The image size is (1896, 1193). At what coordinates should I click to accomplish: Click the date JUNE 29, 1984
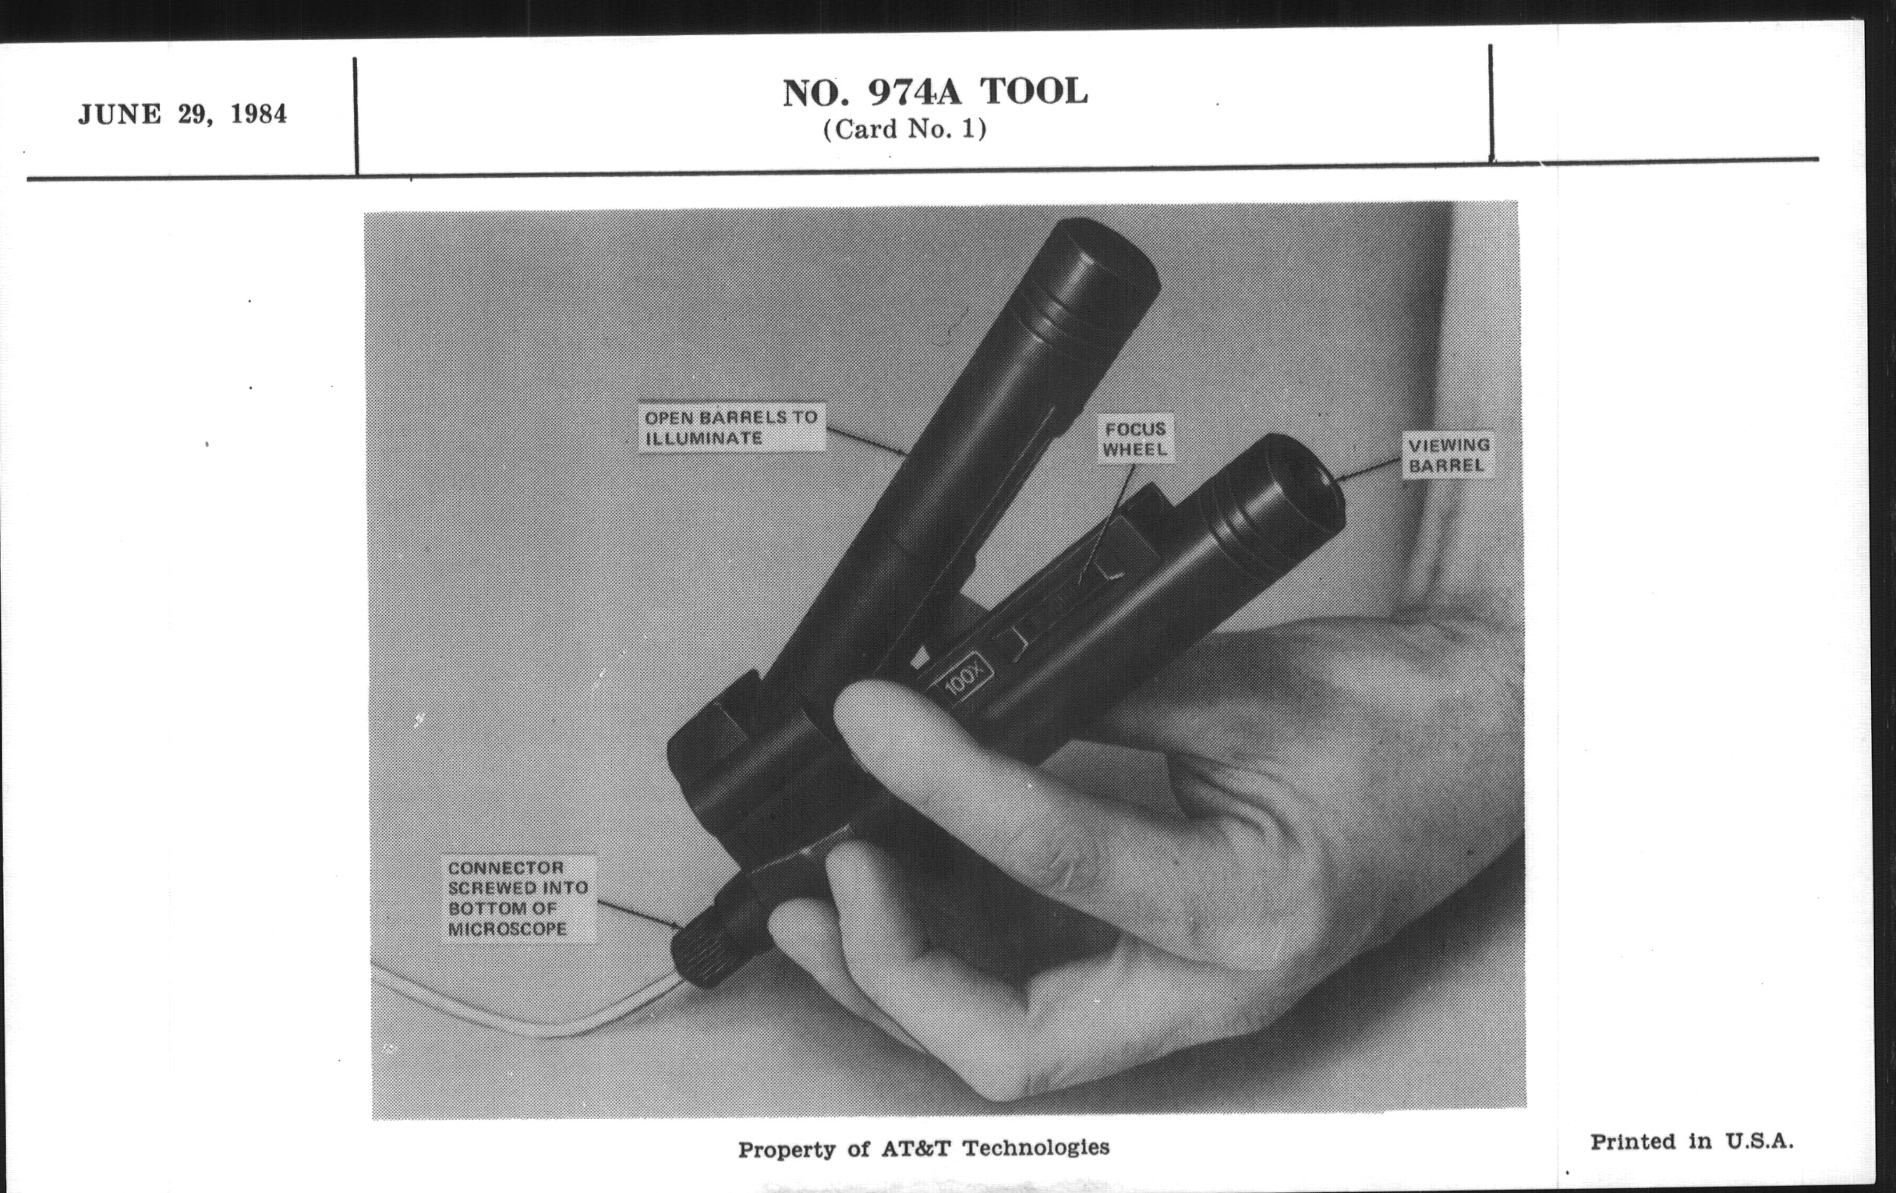(182, 115)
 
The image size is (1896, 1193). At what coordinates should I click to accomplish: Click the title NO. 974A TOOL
(936, 92)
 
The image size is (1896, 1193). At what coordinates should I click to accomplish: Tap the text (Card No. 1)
(904, 129)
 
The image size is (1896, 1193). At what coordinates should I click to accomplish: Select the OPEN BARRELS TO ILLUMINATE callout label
(731, 427)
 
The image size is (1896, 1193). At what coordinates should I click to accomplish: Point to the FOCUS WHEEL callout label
(1134, 440)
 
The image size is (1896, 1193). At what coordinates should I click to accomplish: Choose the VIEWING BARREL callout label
(1449, 455)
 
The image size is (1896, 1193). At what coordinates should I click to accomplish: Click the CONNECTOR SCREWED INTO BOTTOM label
(518, 897)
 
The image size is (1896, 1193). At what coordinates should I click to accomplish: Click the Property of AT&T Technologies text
(924, 1148)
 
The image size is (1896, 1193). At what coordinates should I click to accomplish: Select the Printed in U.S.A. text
(1692, 1141)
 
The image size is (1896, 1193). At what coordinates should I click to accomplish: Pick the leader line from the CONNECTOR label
(638, 914)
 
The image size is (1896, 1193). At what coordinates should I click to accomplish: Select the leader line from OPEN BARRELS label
(865, 442)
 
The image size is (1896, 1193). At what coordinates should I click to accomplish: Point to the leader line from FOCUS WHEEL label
(1107, 524)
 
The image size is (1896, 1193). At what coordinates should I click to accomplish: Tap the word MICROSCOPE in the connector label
(507, 929)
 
